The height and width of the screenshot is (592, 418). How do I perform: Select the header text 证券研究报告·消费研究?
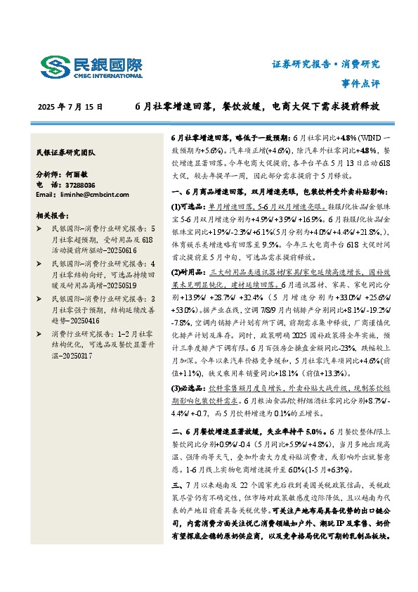coord(325,64)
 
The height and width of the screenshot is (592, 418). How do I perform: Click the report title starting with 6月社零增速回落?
coord(258,107)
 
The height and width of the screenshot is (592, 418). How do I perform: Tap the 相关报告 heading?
coord(51,215)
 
